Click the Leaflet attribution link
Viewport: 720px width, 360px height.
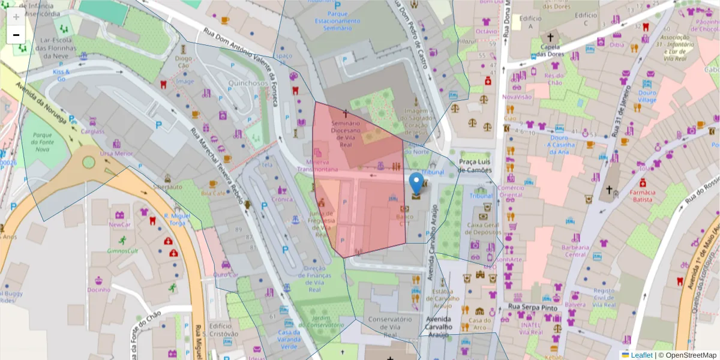coord(641,355)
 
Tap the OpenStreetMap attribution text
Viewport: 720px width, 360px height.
coord(688,355)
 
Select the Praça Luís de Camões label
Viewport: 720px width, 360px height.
coord(475,166)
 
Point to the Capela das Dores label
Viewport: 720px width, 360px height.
coord(550,50)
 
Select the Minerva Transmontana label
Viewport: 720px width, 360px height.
coord(317,166)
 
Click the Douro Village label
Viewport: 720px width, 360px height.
coord(647,97)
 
